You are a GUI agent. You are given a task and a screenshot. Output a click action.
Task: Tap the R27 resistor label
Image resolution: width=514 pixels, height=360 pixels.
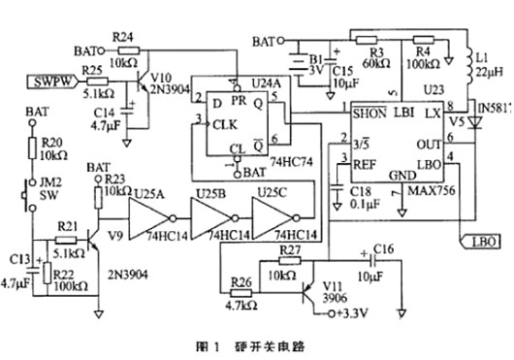point(289,251)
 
